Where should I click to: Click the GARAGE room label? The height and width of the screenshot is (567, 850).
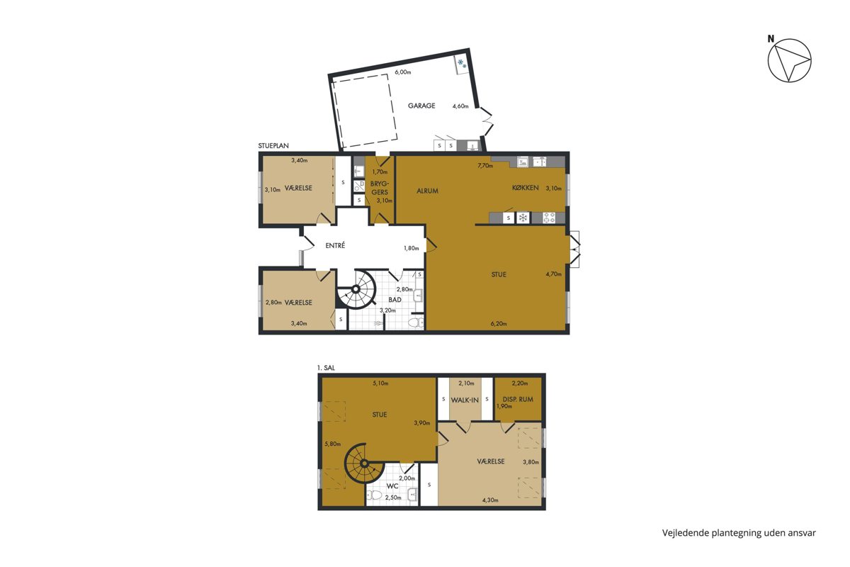[421, 106]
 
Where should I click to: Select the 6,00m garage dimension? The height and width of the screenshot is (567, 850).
[402, 72]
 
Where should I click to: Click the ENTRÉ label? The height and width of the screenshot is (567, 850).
[335, 246]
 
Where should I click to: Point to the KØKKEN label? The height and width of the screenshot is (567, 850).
[525, 188]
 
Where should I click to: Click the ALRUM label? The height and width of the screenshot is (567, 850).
[427, 191]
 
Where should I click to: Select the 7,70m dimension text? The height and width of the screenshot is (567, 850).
[485, 166]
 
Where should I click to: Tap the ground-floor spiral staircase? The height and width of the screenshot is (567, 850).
[356, 289]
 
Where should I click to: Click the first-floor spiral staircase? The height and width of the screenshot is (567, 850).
[364, 464]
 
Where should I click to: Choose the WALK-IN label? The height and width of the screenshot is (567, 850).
[465, 400]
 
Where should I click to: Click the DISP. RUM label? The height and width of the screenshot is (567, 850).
[518, 399]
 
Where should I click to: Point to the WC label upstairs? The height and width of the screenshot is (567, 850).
[392, 486]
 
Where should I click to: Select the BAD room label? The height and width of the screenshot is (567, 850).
[395, 300]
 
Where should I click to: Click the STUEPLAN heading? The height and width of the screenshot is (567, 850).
[273, 146]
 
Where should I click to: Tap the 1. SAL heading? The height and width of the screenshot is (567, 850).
[326, 368]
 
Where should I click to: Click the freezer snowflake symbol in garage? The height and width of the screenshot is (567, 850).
[461, 63]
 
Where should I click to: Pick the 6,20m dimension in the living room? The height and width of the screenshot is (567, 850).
[499, 324]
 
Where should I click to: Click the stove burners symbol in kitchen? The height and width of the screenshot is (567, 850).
[549, 218]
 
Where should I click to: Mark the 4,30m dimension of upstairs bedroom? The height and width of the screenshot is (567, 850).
[490, 500]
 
